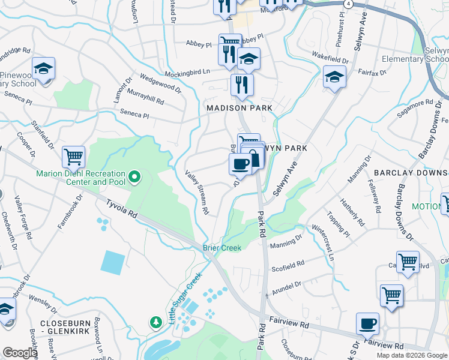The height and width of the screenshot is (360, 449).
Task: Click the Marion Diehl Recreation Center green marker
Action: click(x=134, y=176)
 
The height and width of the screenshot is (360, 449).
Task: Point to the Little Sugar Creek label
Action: click(x=185, y=297)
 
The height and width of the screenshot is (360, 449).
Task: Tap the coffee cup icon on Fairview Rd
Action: click(x=367, y=324)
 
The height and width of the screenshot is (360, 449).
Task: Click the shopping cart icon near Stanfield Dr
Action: click(x=73, y=157)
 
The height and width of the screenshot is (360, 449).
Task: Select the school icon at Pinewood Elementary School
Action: click(x=43, y=69)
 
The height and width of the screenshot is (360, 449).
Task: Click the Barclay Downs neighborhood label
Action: click(x=411, y=173)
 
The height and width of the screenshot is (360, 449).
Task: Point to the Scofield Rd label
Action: click(x=288, y=266)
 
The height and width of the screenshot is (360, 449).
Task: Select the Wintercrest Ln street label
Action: click(x=323, y=242)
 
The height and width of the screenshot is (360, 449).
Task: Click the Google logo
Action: click(x=19, y=353)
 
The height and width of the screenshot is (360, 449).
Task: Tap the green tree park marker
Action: click(x=155, y=322)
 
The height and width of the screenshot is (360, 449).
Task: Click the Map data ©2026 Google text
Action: click(x=412, y=355)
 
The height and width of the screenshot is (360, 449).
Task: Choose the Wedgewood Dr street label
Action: click(x=160, y=83)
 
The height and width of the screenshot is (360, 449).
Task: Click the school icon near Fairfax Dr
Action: click(x=335, y=77)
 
